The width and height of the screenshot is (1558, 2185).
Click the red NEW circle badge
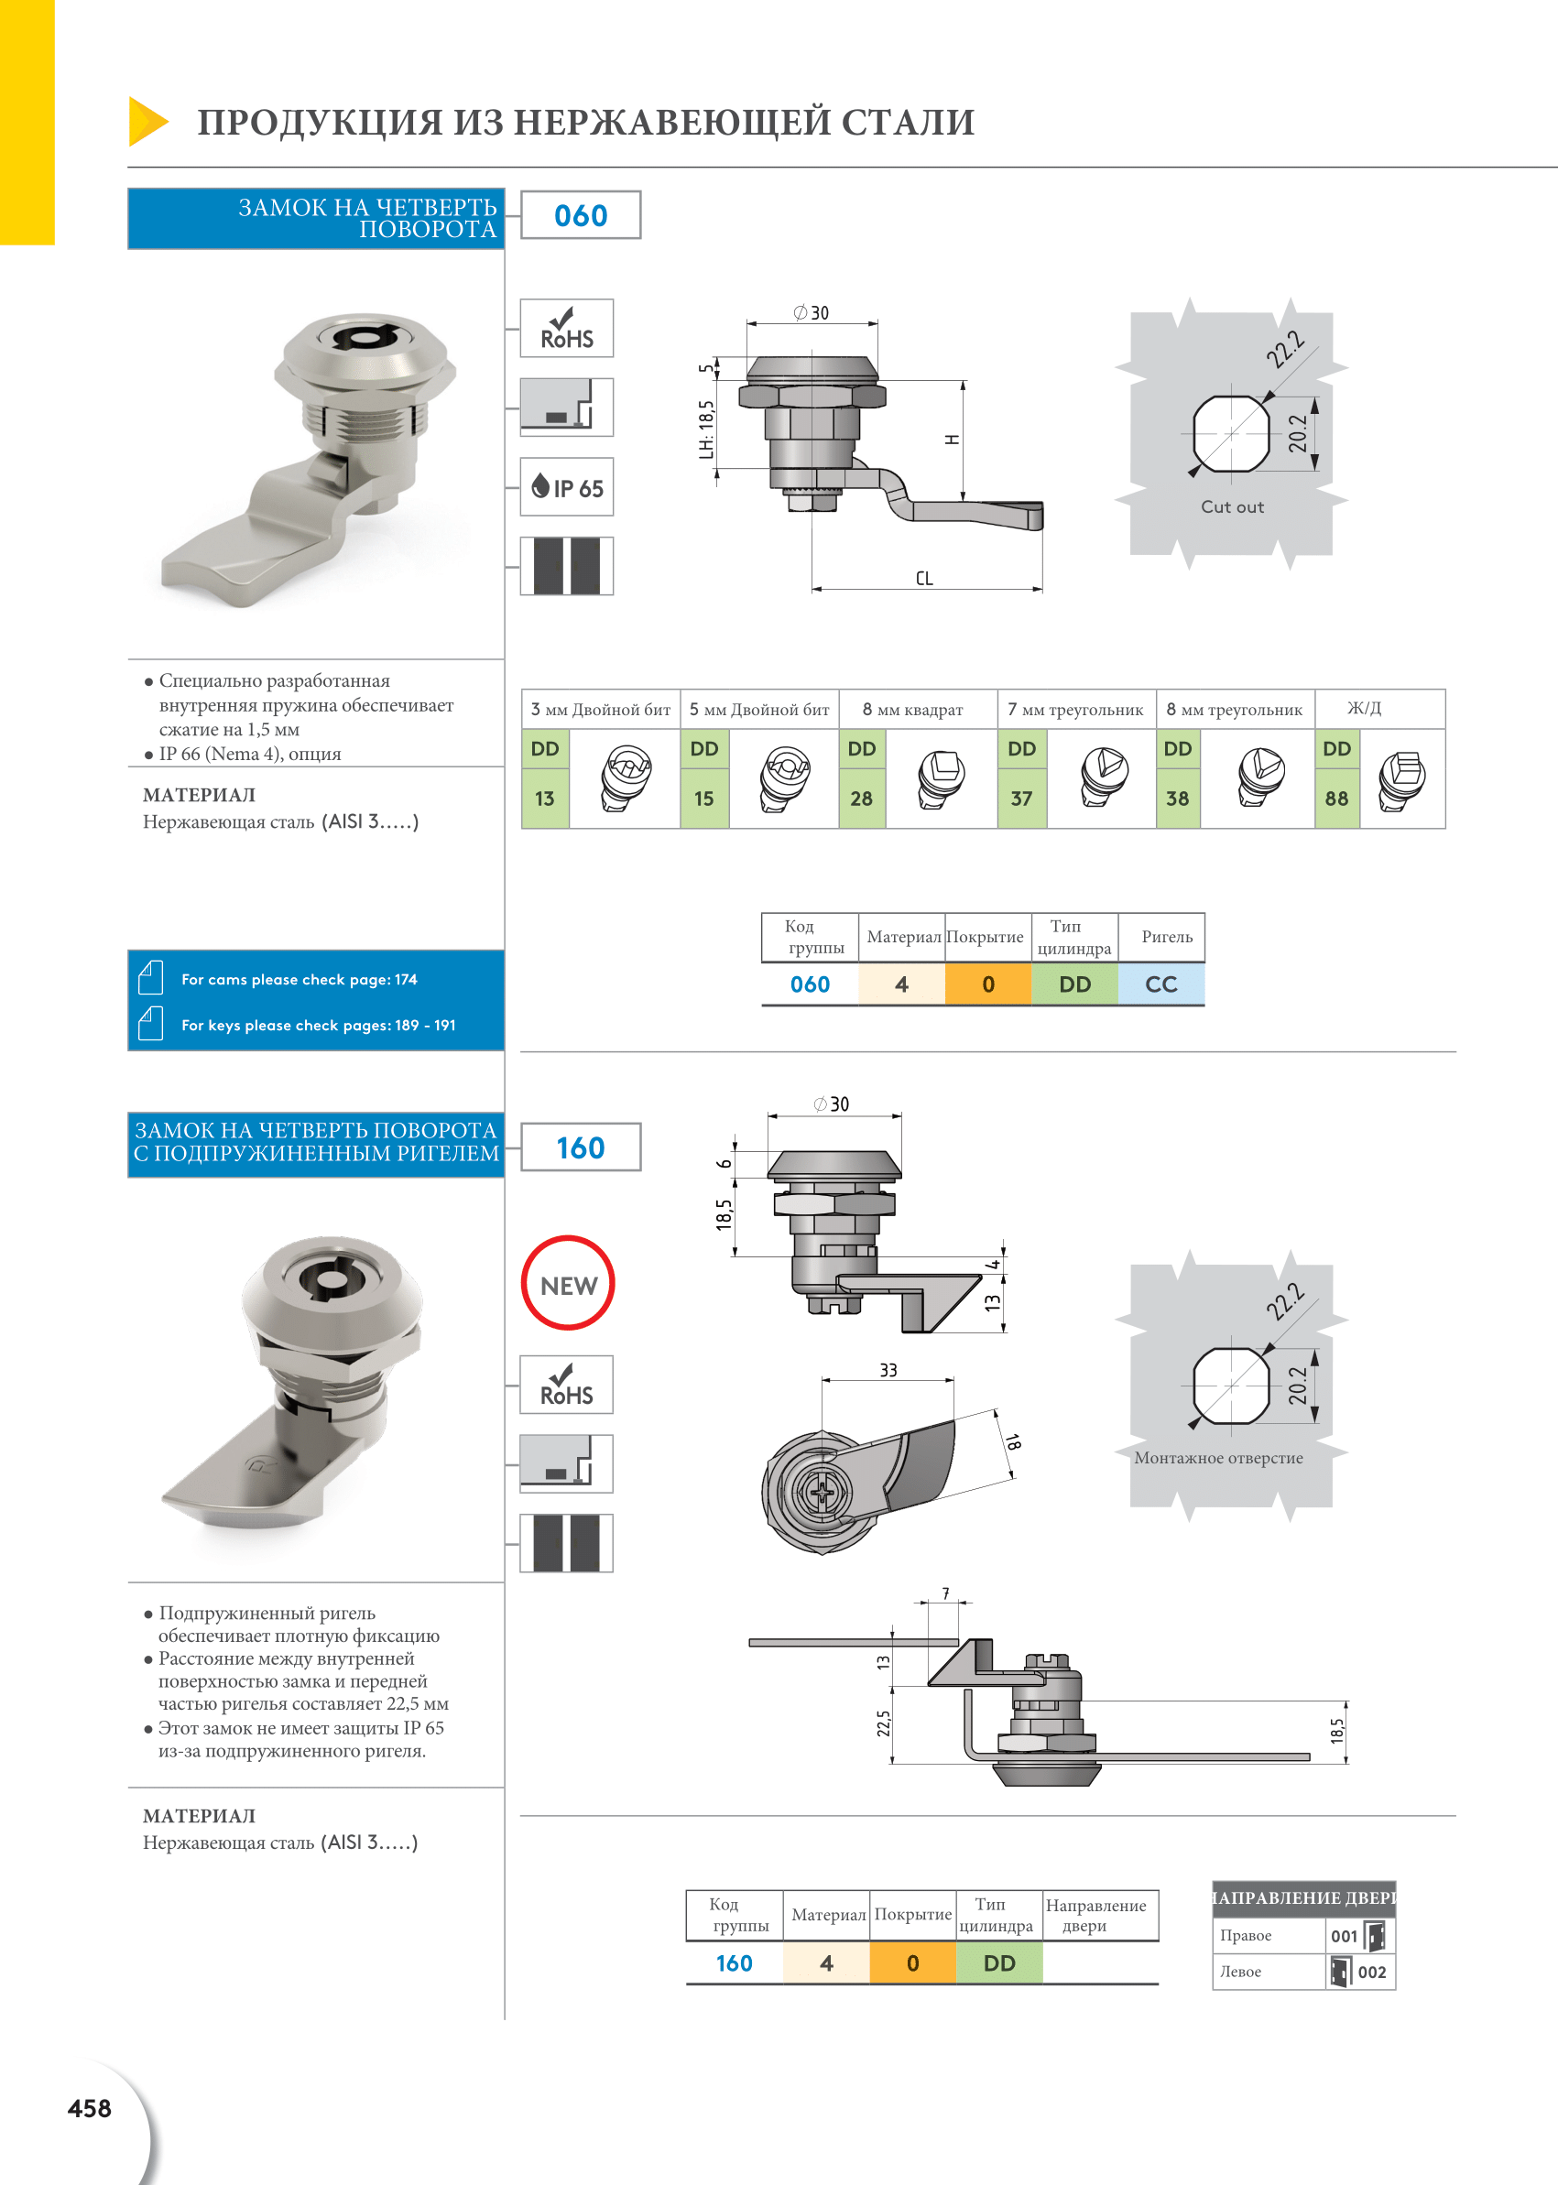tap(568, 1283)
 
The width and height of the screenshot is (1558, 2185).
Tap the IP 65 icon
tap(567, 487)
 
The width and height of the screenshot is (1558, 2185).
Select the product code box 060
tap(581, 215)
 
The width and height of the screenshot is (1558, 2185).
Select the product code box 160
tap(581, 1147)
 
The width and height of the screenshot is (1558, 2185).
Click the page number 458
tap(89, 2108)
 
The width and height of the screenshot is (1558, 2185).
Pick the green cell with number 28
tap(862, 798)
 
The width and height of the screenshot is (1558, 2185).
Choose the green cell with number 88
tap(1336, 798)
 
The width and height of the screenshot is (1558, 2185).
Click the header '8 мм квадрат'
tap(912, 710)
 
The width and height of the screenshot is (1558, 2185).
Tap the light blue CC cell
tap(1160, 984)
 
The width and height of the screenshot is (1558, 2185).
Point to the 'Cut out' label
tap(1232, 506)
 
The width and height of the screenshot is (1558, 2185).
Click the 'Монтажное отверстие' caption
tap(1218, 1458)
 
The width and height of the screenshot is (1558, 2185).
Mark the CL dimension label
tap(924, 579)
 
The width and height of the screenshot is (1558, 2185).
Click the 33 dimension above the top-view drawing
tap(888, 1371)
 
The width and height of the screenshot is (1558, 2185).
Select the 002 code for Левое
tap(1372, 1972)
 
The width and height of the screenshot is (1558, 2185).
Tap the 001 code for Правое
tap(1344, 1936)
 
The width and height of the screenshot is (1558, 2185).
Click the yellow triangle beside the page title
tap(147, 122)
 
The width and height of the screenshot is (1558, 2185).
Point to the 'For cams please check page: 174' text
tap(300, 979)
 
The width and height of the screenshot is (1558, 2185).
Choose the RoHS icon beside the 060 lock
tap(567, 328)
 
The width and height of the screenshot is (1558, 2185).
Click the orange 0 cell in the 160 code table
tap(912, 1962)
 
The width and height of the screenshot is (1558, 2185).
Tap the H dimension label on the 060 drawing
tap(952, 440)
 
